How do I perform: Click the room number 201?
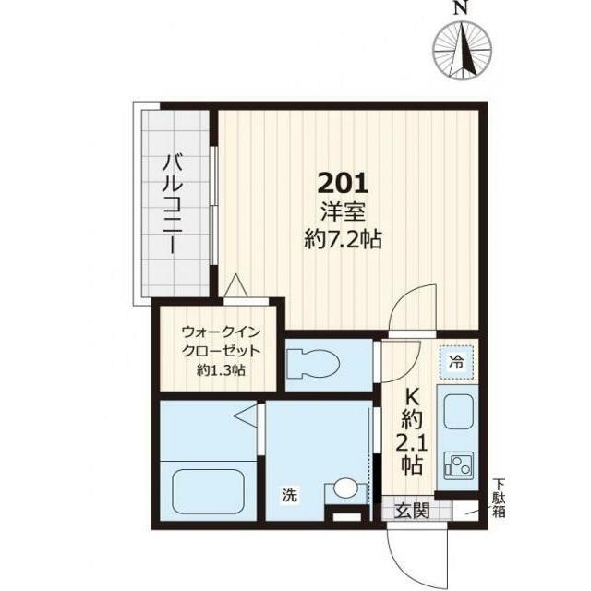tap(343, 183)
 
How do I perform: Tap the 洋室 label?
tap(343, 211)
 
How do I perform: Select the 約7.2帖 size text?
tap(343, 239)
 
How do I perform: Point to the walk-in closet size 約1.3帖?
tap(221, 370)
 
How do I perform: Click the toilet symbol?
tap(313, 364)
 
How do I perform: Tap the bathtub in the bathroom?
tap(209, 490)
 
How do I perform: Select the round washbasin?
tap(345, 488)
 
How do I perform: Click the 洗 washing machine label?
tap(290, 495)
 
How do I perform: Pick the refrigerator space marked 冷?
tap(457, 363)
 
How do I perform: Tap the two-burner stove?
tap(459, 465)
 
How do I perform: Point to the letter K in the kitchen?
tap(412, 397)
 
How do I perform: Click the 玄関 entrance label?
tap(412, 511)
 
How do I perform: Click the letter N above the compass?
tap(460, 8)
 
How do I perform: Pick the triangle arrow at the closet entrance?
tap(236, 285)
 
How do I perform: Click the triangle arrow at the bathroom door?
tap(246, 416)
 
